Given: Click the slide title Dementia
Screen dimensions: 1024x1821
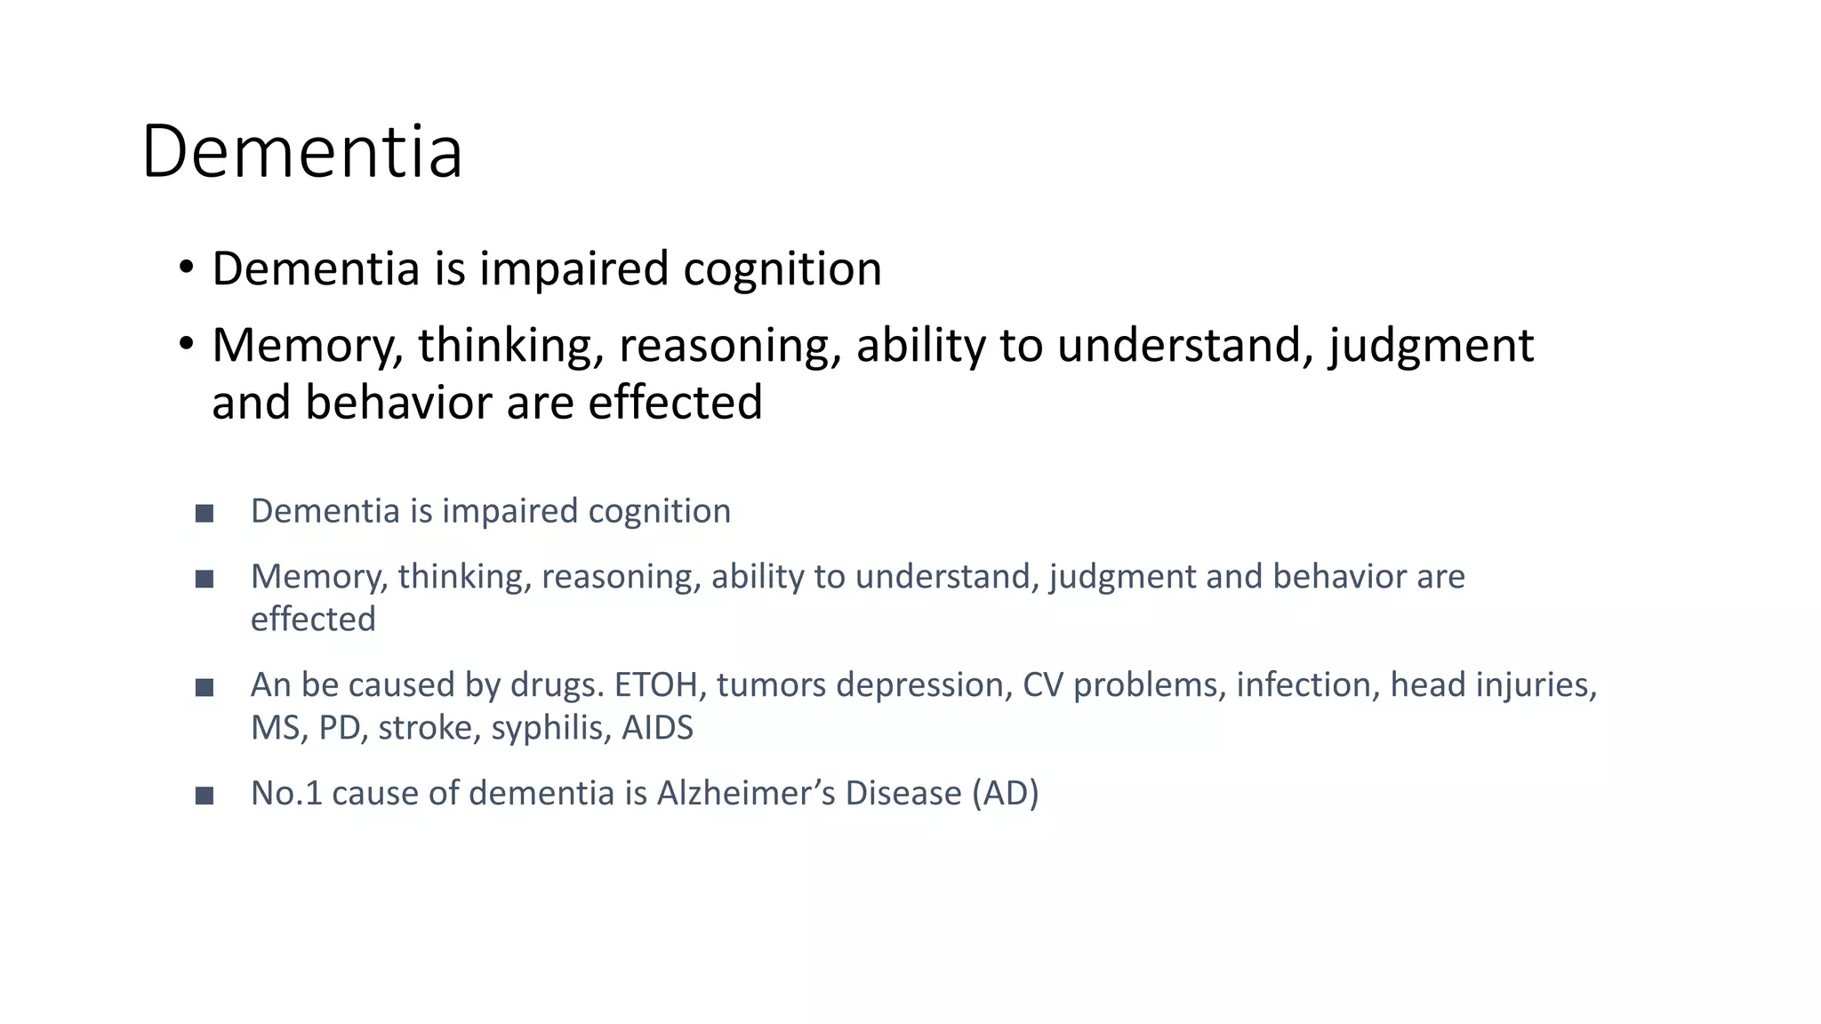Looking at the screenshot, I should pyautogui.click(x=301, y=151).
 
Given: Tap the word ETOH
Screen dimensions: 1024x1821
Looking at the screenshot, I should pyautogui.click(x=655, y=685).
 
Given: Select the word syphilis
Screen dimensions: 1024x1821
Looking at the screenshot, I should pyautogui.click(x=550, y=728).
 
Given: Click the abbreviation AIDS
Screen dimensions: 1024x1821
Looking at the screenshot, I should pyautogui.click(x=657, y=728).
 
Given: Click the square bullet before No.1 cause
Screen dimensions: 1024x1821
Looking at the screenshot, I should pyautogui.click(x=205, y=796).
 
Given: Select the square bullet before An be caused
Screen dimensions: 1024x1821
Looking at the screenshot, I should pyautogui.click(x=205, y=687).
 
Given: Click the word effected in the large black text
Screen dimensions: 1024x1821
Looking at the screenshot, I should pyautogui.click(x=675, y=402).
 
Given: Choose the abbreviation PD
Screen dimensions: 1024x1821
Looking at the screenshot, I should pyautogui.click(x=339, y=728).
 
